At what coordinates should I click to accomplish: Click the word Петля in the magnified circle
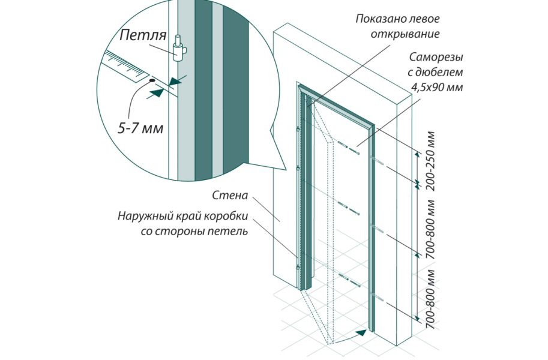(x=143, y=35)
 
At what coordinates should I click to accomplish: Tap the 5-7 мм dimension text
(x=140, y=128)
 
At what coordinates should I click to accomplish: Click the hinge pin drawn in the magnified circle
(x=179, y=50)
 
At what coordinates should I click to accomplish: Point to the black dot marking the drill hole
(x=152, y=80)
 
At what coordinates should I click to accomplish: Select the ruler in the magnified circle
(x=125, y=64)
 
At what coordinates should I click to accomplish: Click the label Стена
(x=230, y=196)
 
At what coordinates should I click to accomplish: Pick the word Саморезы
(x=436, y=56)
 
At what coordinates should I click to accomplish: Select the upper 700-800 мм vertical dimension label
(x=432, y=229)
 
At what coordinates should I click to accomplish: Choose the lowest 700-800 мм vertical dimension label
(x=432, y=299)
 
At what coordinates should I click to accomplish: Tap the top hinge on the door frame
(x=298, y=130)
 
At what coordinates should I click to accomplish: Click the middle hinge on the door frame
(x=298, y=170)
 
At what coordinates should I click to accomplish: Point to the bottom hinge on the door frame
(x=298, y=268)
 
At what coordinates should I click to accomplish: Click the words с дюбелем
(x=435, y=72)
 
